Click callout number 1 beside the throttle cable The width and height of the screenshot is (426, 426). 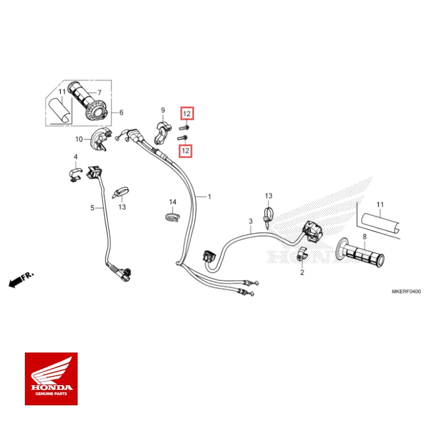coord(208,196)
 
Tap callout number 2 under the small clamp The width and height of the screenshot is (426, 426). coord(301,273)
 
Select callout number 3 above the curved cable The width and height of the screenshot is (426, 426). coord(250,221)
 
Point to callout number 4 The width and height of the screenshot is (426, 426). coord(76,156)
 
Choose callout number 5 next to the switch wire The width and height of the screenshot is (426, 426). coord(92,208)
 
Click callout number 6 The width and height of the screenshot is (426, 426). coord(121,112)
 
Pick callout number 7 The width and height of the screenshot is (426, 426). coord(99,92)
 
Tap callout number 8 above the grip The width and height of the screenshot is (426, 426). coord(364,236)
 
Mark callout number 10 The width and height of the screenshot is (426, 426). coord(79,139)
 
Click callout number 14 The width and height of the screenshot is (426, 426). coord(173,202)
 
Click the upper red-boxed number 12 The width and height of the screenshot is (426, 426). coord(186,114)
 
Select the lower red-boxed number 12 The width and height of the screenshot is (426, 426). coord(186,151)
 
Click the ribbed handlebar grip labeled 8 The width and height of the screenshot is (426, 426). coord(362,254)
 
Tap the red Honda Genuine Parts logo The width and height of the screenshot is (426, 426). coord(51,379)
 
